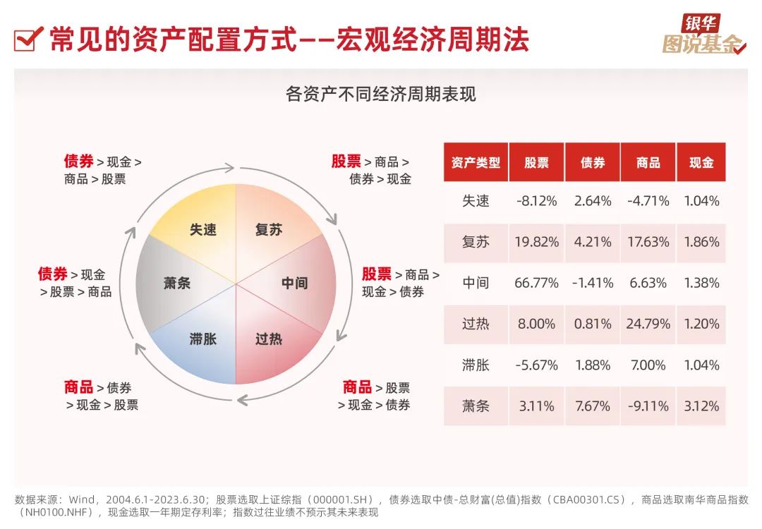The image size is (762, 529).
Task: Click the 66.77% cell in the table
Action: click(x=536, y=283)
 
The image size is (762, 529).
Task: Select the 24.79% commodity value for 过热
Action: click(x=648, y=324)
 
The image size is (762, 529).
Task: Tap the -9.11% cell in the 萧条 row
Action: click(x=648, y=406)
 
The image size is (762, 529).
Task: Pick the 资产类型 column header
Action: click(x=476, y=162)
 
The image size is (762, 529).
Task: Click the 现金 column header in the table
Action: click(x=701, y=162)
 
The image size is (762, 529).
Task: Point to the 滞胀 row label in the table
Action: click(x=476, y=365)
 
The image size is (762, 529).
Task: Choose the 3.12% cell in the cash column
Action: click(x=701, y=406)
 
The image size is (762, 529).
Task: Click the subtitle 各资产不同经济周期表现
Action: click(x=381, y=94)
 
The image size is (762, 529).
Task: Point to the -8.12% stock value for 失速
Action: click(x=536, y=201)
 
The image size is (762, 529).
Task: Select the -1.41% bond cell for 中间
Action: click(x=593, y=283)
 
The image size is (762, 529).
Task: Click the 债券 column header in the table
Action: click(x=593, y=162)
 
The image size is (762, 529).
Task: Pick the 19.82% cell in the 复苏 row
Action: click(x=536, y=242)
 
